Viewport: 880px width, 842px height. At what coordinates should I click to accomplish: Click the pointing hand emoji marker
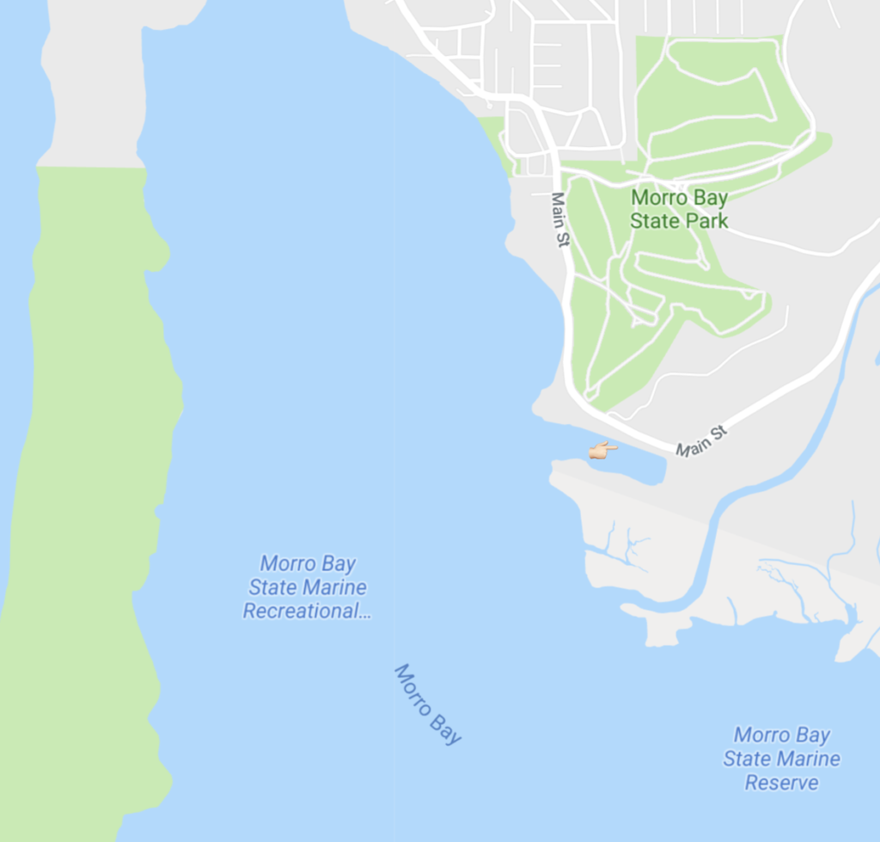602,450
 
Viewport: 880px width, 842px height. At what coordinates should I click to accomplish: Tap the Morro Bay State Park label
679,209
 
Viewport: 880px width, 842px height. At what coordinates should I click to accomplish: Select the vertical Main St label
559,220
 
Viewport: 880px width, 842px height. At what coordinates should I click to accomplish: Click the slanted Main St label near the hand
701,439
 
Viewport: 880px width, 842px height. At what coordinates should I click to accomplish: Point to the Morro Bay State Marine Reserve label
781,759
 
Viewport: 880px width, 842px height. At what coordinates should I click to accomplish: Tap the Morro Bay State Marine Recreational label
307,587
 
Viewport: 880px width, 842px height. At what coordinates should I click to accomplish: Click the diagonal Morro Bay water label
427,704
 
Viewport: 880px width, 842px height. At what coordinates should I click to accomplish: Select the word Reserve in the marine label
781,783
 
